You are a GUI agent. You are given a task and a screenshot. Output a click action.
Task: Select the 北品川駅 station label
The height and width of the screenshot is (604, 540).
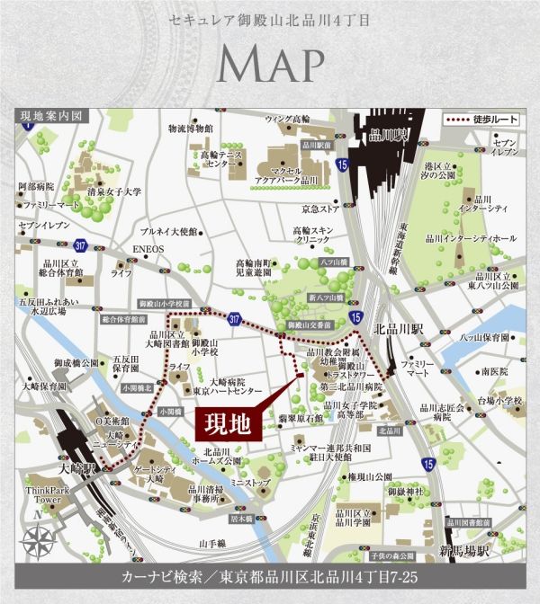(x=393, y=327)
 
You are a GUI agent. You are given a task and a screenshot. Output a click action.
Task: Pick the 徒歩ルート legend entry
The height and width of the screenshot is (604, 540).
(x=479, y=120)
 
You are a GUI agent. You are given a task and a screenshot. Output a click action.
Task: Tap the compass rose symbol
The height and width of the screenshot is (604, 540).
(x=40, y=542)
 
